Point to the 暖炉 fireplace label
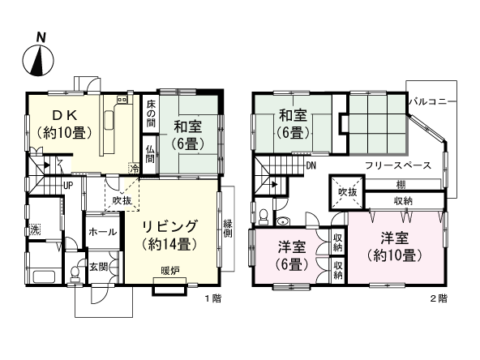coord(169,270)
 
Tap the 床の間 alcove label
coord(151,113)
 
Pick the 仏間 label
coord(151,153)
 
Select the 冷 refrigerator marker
coord(134,168)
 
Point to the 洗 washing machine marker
coord(35,229)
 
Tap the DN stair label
coord(311,166)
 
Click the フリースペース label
coord(396,165)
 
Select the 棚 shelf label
coord(401,184)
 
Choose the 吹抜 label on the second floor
coord(347,192)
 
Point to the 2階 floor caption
coord(438,298)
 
